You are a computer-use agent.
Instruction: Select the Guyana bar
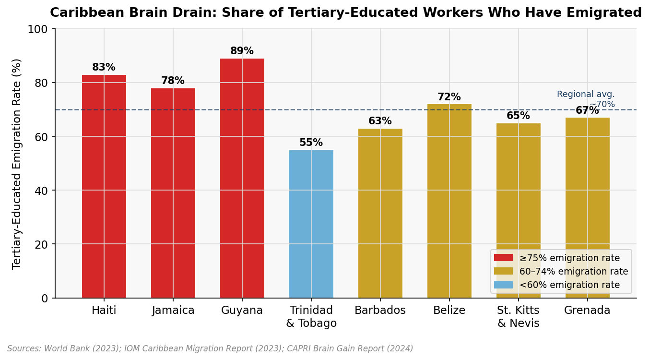point(242,178)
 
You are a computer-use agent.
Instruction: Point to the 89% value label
point(242,51)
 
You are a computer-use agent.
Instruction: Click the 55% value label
point(311,143)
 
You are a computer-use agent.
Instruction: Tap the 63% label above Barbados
point(380,121)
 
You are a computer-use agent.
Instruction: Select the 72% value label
point(449,97)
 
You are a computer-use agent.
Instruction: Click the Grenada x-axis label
point(587,311)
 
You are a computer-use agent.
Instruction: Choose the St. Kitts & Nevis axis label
point(518,317)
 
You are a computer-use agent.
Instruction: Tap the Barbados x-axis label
point(380,311)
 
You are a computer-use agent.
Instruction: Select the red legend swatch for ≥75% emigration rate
point(503,258)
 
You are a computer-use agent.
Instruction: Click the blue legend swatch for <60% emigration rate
point(503,285)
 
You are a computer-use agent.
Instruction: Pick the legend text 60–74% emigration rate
point(573,272)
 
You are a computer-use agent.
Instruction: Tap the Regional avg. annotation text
point(586,95)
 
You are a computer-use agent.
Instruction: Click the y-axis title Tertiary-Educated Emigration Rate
point(17,164)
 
